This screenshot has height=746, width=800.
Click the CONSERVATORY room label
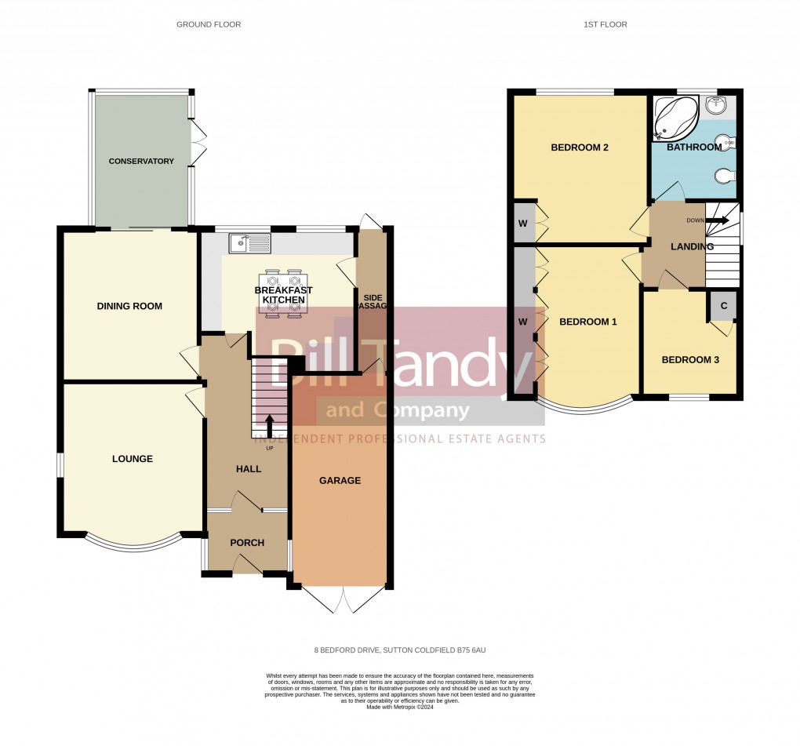click(141, 162)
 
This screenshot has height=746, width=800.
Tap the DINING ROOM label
click(129, 306)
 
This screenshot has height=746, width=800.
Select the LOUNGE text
click(132, 459)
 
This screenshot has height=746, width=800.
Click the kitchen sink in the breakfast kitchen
click(249, 243)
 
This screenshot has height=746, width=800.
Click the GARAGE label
click(340, 481)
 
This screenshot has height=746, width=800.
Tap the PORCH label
click(247, 543)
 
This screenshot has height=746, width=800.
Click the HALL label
click(249, 469)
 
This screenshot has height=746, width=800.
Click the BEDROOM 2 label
click(580, 147)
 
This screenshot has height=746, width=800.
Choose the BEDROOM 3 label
click(690, 360)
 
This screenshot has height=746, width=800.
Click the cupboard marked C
click(723, 306)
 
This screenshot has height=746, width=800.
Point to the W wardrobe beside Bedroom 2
click(523, 222)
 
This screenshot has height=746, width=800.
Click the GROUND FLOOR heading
click(209, 25)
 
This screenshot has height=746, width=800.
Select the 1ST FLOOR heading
click(605, 25)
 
